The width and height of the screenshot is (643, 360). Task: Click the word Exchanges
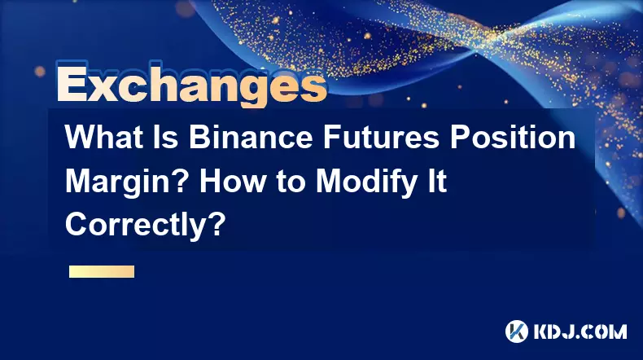(192, 85)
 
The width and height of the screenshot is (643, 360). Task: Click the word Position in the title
(512, 137)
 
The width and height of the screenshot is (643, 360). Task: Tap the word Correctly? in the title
(145, 226)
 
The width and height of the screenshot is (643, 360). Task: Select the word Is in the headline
(167, 137)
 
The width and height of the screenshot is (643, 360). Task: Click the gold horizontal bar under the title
(102, 271)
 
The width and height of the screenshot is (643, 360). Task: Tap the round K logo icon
(517, 331)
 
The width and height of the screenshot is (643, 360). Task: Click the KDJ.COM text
(580, 331)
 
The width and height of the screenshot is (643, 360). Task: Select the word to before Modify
(291, 182)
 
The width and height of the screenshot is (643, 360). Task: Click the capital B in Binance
(199, 137)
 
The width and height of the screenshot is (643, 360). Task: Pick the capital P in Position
(460, 137)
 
